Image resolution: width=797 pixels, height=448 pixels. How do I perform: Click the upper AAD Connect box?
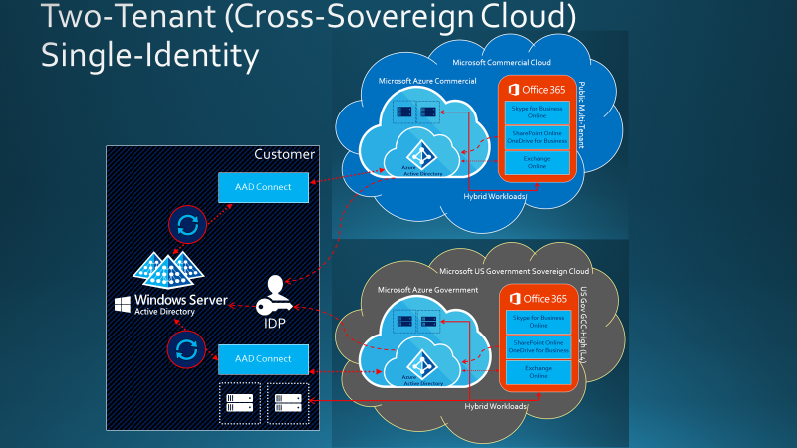coord(257,187)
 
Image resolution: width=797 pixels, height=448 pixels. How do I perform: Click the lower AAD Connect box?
coord(257,358)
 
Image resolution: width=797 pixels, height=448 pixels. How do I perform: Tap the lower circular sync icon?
coord(185,347)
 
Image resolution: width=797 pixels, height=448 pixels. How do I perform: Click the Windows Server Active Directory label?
coord(169,304)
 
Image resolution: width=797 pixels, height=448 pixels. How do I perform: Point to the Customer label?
coord(284,154)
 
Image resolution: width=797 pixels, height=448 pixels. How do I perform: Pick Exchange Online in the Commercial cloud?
coord(537,163)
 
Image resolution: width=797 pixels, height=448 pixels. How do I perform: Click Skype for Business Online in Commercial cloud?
coord(537,110)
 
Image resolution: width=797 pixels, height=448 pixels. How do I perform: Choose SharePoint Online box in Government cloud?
coord(537,347)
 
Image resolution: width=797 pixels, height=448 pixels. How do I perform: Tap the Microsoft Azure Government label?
coord(428,289)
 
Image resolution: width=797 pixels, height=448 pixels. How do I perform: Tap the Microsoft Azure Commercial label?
coord(427,80)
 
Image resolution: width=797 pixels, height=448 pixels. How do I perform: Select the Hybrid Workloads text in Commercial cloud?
coord(495,196)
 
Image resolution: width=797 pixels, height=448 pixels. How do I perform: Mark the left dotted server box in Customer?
coord(239,403)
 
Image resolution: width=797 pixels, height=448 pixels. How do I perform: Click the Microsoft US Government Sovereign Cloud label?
coord(514,270)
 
